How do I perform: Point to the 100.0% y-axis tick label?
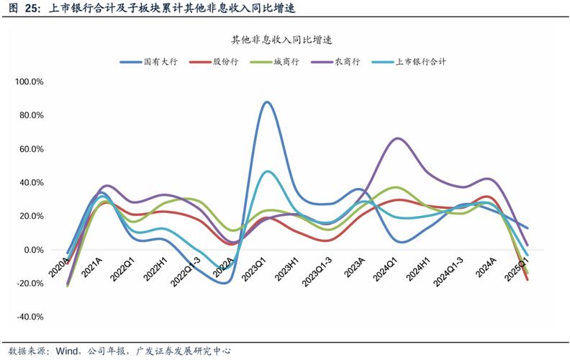click(30, 82)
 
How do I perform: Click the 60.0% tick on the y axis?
click(32, 149)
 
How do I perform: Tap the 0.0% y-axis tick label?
click(35, 250)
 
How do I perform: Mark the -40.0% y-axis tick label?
click(30, 317)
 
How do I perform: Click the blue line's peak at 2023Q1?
click(268, 102)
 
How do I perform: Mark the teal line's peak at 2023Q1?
click(268, 171)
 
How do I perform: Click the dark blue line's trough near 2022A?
click(225, 283)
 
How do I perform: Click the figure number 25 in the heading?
click(32, 9)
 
